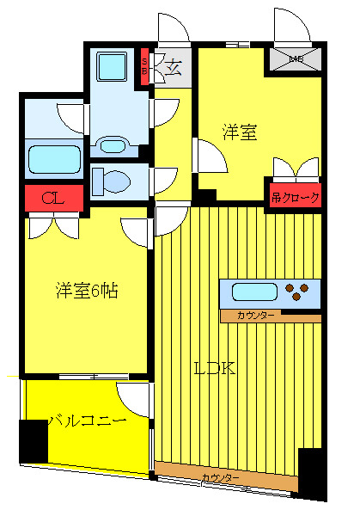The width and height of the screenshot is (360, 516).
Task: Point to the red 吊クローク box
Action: pos(296,197)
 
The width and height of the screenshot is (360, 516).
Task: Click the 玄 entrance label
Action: pos(172,68)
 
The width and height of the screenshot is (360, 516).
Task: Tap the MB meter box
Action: pos(296,59)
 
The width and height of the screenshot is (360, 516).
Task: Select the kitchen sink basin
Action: pos(250,292)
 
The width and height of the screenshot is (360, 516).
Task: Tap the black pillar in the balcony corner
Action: pos(34,440)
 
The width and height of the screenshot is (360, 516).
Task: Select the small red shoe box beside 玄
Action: pos(145,66)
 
